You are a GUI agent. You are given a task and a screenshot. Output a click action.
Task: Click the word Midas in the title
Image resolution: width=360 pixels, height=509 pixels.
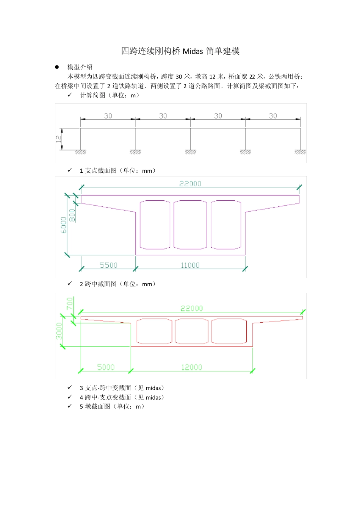(193, 51)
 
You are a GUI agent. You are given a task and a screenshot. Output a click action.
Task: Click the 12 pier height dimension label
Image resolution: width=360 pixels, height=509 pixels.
(59, 139)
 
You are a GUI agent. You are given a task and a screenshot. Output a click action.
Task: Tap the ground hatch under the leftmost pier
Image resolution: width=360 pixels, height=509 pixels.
(80, 152)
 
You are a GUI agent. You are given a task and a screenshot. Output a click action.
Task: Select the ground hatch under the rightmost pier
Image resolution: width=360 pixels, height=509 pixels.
(300, 152)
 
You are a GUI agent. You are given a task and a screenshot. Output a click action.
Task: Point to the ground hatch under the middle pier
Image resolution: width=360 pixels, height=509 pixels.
(190, 152)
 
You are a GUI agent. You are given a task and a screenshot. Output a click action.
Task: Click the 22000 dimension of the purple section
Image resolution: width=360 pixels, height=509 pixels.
(190, 184)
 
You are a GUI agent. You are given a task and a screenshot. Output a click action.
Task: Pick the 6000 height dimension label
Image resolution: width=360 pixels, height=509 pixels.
(64, 225)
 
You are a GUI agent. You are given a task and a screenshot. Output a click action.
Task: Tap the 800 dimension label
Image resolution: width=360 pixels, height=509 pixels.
(72, 215)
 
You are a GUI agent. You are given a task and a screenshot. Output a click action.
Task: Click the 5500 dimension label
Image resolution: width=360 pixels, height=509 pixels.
(108, 265)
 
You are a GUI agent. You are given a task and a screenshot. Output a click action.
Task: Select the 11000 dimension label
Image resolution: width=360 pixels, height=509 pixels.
(190, 265)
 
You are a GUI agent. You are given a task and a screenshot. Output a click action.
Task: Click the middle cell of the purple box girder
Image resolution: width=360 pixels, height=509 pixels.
(190, 225)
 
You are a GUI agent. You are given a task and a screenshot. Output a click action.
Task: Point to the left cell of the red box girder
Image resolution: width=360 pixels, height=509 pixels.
(154, 331)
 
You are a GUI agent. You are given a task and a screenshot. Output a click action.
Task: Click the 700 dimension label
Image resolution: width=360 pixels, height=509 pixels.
(70, 303)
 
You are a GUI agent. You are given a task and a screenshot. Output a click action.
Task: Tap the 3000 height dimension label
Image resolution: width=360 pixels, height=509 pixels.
(59, 331)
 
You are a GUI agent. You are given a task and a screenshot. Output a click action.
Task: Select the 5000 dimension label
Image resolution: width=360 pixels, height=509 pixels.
(106, 367)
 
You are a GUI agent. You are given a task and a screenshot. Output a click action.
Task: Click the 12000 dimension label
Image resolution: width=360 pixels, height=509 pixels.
(191, 367)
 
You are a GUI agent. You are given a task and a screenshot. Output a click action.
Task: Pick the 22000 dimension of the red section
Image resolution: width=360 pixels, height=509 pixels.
(191, 308)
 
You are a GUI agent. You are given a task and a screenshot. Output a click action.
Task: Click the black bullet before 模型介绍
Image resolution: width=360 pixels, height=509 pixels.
(57, 67)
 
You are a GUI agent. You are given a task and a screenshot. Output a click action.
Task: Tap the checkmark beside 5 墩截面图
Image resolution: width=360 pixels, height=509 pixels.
(70, 406)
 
